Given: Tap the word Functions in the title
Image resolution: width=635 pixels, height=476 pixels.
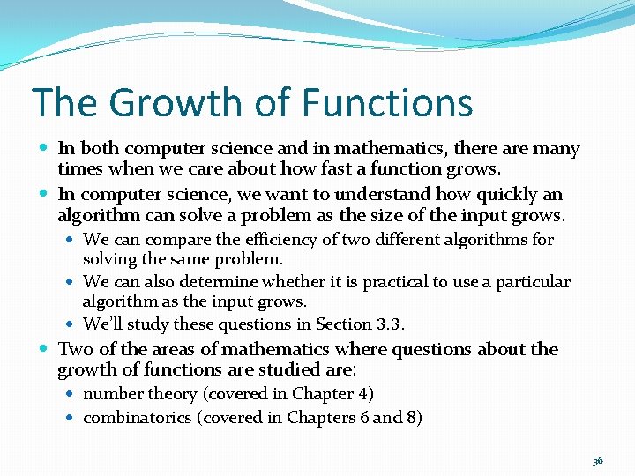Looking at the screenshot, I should point(387,103).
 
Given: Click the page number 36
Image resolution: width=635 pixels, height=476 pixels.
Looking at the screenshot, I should point(597,460).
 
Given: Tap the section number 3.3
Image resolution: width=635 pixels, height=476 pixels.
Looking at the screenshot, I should point(388,324).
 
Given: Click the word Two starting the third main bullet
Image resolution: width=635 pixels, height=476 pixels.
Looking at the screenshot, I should point(76,349).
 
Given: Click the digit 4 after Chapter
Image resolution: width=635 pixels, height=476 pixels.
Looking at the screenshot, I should point(363,394).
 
